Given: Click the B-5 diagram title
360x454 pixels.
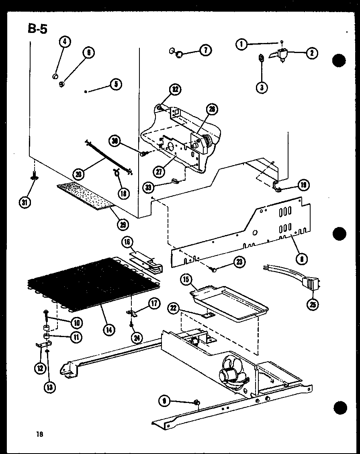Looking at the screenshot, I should click(37, 29).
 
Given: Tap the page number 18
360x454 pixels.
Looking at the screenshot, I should click(39, 434).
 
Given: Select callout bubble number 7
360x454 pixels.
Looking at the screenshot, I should click(205, 51).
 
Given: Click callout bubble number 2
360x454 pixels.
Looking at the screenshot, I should click(312, 53).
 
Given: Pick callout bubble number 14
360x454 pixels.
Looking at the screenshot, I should click(108, 330).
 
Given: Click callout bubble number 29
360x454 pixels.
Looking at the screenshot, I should click(123, 224).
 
